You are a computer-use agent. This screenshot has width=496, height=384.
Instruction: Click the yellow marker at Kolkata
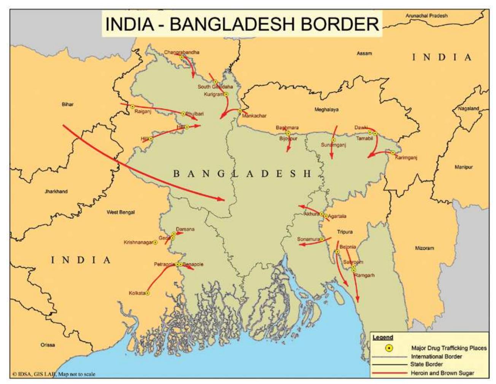[148, 293]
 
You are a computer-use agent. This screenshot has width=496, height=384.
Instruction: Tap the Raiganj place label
[143, 112]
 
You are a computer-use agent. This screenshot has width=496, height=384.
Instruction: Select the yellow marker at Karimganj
[393, 153]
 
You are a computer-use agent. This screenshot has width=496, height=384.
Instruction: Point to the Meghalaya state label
[326, 110]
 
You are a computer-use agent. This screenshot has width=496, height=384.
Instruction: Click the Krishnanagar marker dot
[155, 242]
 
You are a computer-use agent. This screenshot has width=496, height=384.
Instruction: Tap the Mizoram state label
[424, 248]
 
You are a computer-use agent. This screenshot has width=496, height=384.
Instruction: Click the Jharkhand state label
[56, 191]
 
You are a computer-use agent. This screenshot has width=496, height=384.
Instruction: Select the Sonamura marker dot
[322, 239]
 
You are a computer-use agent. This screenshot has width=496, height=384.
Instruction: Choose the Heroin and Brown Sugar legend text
[442, 373]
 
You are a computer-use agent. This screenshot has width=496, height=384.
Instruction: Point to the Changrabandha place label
[181, 52]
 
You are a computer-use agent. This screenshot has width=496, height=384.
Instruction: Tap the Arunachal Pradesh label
[426, 16]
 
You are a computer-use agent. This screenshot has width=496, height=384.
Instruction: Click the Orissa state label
[48, 345]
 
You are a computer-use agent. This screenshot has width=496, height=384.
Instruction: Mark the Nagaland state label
[468, 108]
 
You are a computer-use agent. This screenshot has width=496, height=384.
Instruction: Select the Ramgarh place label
[364, 275]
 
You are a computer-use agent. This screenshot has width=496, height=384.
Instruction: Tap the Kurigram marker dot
[226, 94]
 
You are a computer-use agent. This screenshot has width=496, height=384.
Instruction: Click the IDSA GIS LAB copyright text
[54, 374]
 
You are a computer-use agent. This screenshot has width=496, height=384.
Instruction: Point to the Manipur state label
[463, 167]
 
